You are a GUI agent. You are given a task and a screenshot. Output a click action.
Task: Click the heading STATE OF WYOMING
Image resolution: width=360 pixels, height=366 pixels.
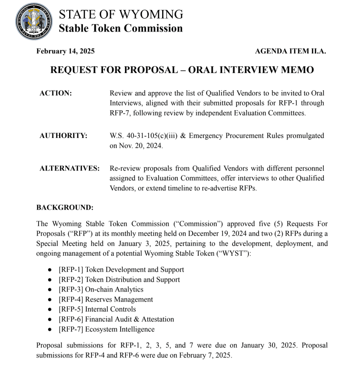(121, 14)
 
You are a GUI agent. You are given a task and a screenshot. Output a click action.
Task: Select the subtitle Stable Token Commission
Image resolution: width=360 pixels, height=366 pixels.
(120, 28)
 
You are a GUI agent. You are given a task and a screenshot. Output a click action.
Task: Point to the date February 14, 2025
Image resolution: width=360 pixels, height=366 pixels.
(65, 51)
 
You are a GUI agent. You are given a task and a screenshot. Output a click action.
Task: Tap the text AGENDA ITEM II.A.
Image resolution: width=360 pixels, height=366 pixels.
(290, 51)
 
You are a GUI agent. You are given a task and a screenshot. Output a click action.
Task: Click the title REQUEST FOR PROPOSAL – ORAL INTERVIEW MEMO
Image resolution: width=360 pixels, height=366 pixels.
(182, 70)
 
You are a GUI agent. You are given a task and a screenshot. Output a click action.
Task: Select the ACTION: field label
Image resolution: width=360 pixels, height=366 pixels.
(55, 94)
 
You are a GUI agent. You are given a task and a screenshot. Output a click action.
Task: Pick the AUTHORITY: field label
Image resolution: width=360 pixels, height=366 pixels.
(63, 136)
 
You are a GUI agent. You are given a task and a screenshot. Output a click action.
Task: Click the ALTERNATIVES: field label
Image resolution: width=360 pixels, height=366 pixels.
(69, 168)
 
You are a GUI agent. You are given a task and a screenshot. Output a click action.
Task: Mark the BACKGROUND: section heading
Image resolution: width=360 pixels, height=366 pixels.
(65, 208)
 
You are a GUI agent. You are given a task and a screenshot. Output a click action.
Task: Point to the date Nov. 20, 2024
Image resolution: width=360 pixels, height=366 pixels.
(136, 146)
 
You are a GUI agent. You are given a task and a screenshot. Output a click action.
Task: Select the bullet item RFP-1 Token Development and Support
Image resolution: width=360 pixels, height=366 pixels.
(121, 270)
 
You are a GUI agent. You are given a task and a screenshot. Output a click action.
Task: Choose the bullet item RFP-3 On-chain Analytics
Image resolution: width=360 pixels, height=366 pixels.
(101, 289)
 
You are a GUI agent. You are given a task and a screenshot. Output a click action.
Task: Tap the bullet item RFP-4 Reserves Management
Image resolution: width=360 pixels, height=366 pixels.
(105, 299)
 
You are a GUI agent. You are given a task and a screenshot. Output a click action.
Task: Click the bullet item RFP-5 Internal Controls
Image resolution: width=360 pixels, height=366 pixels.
(97, 309)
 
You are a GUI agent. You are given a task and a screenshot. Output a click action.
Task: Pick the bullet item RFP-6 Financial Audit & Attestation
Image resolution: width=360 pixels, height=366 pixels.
(116, 319)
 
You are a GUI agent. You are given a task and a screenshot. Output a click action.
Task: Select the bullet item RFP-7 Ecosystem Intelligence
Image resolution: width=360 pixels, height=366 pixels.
(106, 329)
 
